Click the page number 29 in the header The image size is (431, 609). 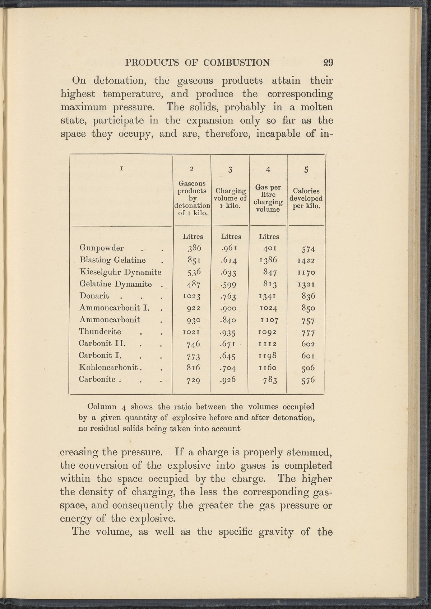point(328,62)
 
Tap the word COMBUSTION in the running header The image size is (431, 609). point(236,62)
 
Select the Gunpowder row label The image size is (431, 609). point(102,248)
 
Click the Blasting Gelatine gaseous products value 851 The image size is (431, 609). point(193,260)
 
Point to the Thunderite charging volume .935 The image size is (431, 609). point(231,332)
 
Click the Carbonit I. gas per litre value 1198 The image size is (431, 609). point(268,356)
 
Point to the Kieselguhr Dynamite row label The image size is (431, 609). point(121,272)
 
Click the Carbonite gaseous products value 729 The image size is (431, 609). point(193,380)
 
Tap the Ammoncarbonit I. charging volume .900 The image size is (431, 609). point(230,308)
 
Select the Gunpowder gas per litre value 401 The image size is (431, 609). point(268,248)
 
